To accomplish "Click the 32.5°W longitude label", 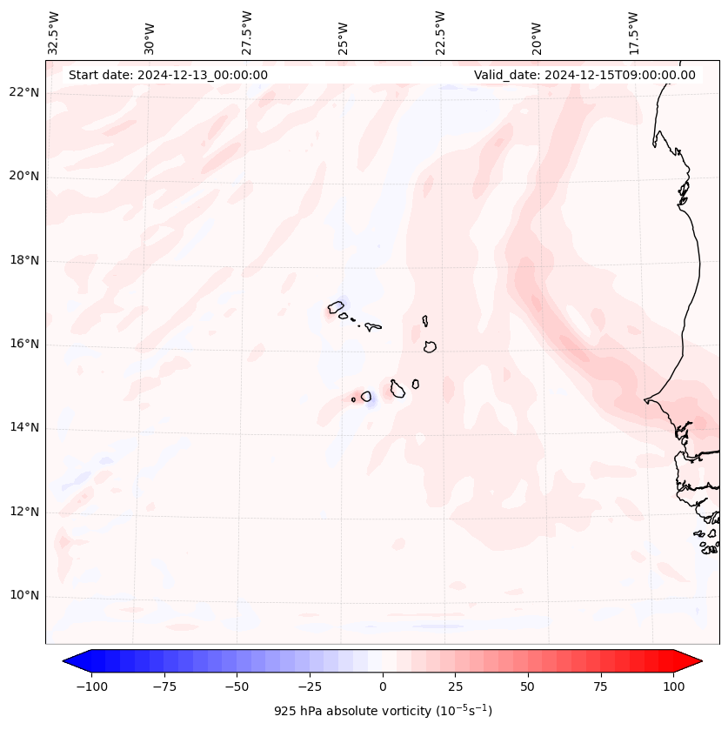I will click(54, 33).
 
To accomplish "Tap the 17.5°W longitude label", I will click(633, 33).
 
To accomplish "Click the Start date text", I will click(168, 75).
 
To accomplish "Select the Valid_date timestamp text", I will click(584, 75).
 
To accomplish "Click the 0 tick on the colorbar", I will click(382, 686).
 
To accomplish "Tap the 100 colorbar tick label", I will click(673, 686).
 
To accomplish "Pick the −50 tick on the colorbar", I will click(237, 686).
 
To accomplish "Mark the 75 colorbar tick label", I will click(601, 686).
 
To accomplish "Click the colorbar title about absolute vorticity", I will click(383, 711).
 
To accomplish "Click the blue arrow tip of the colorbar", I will click(70, 661).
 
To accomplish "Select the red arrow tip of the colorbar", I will click(695, 661).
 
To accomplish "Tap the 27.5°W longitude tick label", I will click(247, 33).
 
